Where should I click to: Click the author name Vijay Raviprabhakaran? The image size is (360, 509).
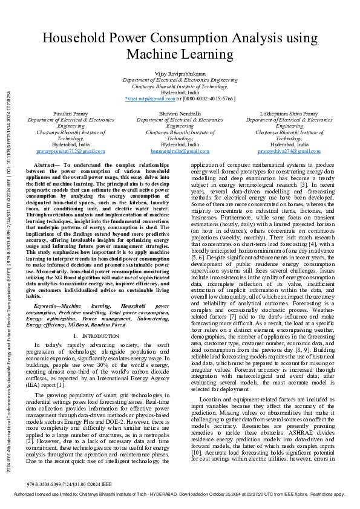(180, 73)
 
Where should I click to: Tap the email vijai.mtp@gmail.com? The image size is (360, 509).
(149, 98)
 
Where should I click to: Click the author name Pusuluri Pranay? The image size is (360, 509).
(70, 114)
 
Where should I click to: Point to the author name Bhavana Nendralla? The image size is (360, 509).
(180, 114)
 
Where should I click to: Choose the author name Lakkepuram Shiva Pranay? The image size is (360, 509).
(288, 114)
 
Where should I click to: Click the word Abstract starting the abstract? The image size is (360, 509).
(46, 165)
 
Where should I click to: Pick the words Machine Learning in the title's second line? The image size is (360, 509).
(180, 54)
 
